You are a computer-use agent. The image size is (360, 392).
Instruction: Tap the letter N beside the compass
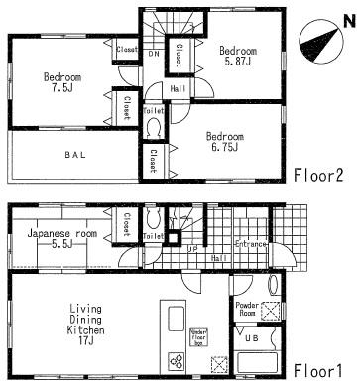coord(347,21)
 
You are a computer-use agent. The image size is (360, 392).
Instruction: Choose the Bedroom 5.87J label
coord(238,56)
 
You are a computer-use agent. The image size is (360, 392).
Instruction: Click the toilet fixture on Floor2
coord(155,125)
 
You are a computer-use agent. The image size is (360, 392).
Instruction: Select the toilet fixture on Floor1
coord(154,220)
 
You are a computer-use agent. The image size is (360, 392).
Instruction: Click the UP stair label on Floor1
coord(192,251)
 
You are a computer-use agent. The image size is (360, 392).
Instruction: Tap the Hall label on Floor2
coord(176,86)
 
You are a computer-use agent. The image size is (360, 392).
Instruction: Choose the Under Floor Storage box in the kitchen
coord(197,338)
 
